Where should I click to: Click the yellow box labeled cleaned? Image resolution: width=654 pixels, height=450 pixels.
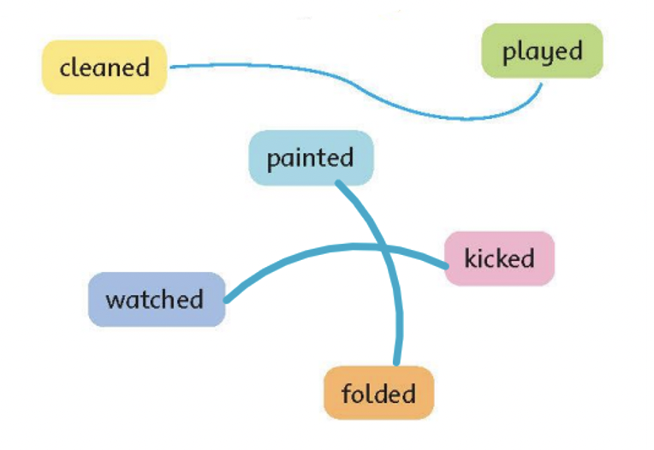pos(104,67)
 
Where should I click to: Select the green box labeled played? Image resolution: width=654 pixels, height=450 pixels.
pos(542,51)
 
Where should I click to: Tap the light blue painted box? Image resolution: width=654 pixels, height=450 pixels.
pos(310,158)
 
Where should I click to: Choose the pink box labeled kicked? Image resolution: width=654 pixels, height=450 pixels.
pos(499,258)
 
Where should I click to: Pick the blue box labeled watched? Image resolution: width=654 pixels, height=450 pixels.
pos(156,299)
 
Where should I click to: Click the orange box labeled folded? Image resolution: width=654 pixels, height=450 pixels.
pos(378,394)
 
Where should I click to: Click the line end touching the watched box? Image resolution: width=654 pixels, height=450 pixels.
pos(227,300)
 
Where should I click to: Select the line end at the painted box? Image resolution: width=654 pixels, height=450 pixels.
pos(338,182)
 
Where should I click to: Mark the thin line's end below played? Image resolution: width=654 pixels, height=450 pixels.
pos(541,83)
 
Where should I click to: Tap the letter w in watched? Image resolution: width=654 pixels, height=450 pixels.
pos(113,300)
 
